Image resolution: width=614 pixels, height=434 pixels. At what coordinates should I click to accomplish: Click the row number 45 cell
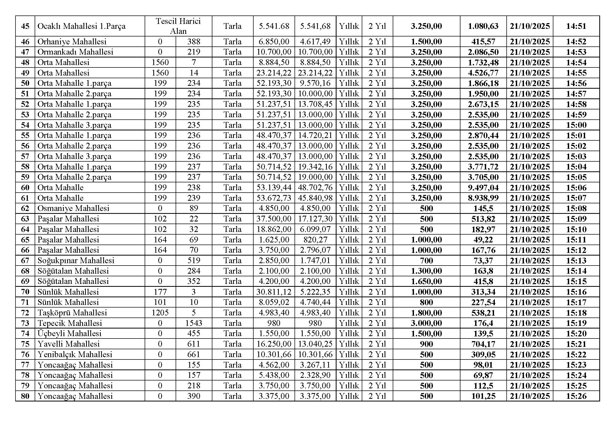point(25,26)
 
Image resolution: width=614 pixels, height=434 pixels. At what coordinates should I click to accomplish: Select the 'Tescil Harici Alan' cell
point(178,26)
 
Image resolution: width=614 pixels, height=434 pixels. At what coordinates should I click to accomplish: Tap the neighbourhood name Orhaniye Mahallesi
point(72,42)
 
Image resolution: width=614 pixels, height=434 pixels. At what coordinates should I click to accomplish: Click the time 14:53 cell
point(576,52)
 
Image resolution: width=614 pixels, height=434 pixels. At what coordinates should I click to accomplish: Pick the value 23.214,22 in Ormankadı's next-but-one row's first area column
point(274,73)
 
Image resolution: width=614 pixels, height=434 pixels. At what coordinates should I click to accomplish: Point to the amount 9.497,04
point(483,188)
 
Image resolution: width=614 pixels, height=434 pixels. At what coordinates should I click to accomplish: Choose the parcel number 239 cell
point(194,198)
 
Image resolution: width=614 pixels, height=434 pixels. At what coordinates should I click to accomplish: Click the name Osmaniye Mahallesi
point(73,208)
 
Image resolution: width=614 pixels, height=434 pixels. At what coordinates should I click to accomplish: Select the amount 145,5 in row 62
point(483,208)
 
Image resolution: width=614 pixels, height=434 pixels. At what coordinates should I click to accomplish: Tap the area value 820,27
point(315,240)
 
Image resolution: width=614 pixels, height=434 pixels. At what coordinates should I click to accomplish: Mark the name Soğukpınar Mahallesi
point(76,261)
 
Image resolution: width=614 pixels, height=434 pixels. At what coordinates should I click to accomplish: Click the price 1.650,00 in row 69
point(426,281)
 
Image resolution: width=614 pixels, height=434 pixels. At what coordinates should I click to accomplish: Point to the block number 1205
point(160,313)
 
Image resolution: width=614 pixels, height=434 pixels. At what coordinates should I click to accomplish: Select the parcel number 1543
point(194,323)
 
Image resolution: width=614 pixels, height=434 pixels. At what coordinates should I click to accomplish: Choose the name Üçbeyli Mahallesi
point(70,334)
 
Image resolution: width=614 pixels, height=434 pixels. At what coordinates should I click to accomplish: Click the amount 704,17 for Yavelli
point(483,344)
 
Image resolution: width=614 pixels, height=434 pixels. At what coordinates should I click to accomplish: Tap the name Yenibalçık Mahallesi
point(75,354)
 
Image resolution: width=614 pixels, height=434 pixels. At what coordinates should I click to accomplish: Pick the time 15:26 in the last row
point(576,396)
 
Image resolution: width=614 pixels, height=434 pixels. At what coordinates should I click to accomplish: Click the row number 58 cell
point(25,167)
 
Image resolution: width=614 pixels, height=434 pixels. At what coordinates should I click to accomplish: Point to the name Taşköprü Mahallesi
point(72,313)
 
